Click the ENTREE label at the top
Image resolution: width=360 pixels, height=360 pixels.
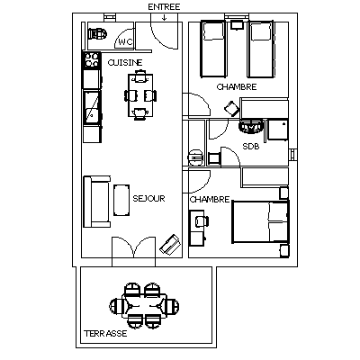(164, 7)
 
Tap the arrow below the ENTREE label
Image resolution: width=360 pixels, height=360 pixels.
(164, 18)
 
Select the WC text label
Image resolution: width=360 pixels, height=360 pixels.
(125, 42)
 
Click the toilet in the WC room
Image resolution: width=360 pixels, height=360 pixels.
(97, 33)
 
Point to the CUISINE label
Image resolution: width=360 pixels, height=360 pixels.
(125, 63)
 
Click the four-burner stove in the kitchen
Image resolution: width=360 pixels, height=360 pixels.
(91, 59)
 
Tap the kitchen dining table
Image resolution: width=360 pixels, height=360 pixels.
(139, 95)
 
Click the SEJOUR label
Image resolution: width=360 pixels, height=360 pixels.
(148, 198)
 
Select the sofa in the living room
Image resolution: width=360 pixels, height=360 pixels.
(96, 202)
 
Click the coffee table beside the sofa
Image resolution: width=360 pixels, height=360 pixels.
(121, 200)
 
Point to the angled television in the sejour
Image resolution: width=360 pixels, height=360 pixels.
(170, 245)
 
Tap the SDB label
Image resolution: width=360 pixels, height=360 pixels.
(251, 147)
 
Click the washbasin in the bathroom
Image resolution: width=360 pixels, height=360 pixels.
(251, 127)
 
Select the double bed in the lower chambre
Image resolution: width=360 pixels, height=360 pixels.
(260, 222)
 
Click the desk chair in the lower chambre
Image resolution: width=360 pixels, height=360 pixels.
(202, 221)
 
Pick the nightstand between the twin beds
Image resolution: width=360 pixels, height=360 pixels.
(237, 24)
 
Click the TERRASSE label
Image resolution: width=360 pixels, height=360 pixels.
(105, 333)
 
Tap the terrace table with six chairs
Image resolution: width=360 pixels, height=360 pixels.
(144, 306)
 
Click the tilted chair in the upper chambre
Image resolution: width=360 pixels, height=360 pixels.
(232, 108)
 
